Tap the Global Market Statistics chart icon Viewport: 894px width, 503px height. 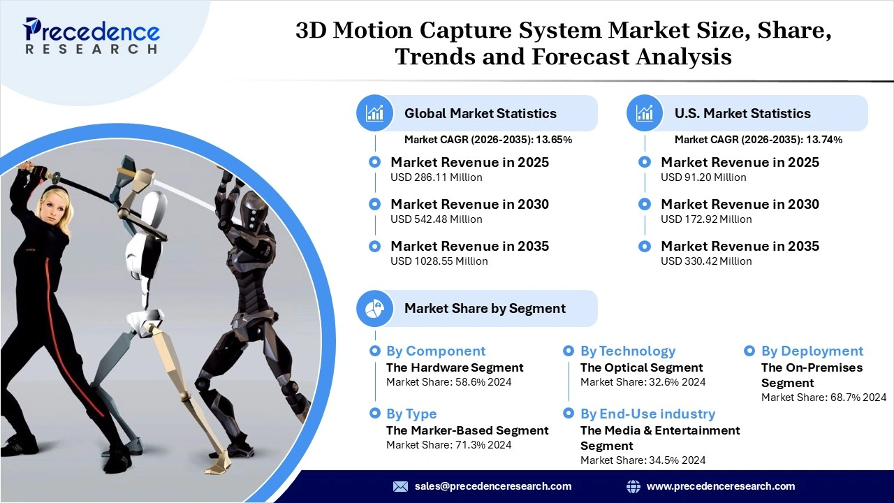point(375,113)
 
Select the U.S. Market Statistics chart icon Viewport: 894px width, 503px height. point(645,113)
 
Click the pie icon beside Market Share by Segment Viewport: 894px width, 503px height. point(375,308)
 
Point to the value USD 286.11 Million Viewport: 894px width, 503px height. point(436,177)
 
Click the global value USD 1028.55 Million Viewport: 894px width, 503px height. point(439,261)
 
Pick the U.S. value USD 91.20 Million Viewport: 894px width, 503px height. point(703,177)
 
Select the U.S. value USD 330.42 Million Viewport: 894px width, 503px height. point(706,261)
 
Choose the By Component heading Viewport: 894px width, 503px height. point(435,351)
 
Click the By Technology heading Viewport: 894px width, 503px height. point(628,351)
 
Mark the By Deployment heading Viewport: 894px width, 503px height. point(812,351)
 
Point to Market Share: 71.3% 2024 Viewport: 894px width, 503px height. point(448,445)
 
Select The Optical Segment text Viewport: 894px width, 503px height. point(641,367)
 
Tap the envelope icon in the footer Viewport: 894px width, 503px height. point(400,486)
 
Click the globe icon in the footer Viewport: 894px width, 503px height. point(633,486)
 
